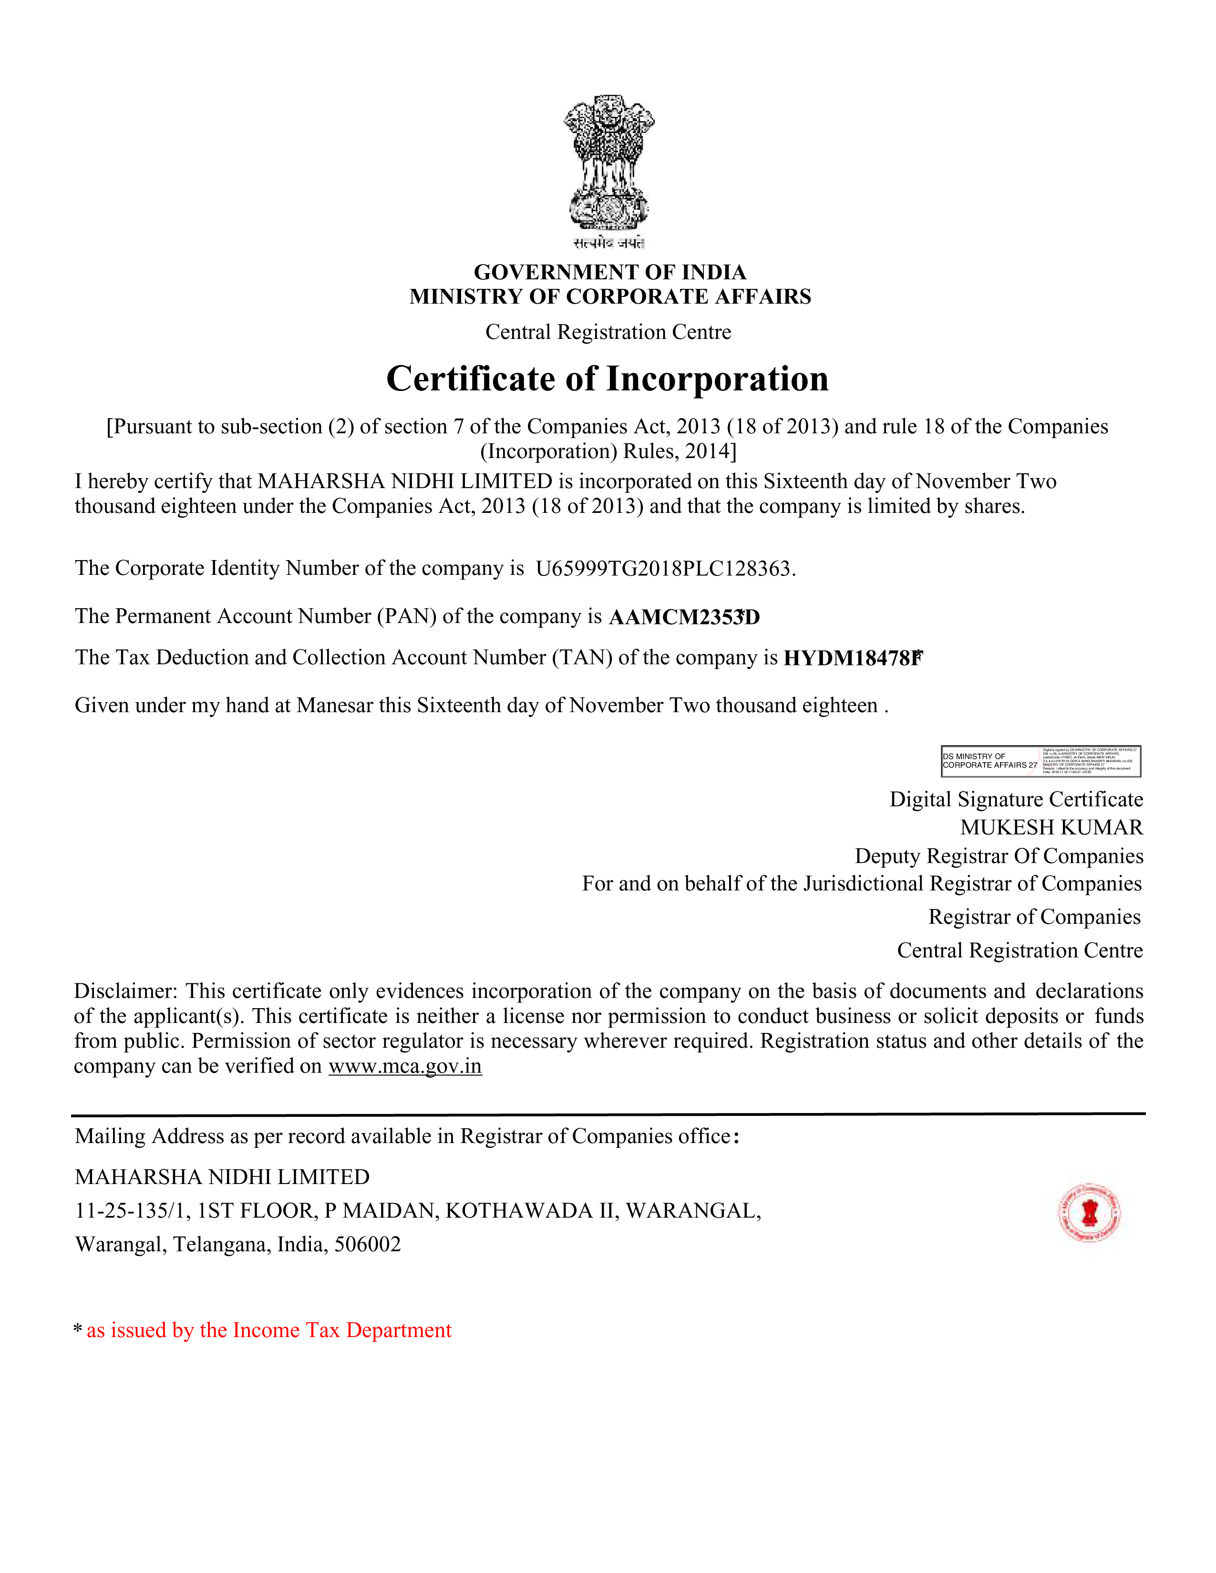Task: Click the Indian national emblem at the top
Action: [x=609, y=162]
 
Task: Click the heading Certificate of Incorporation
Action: [x=607, y=379]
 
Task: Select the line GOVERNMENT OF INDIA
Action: [x=609, y=272]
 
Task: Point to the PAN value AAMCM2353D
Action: [x=684, y=617]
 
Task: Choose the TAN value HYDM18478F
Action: [x=852, y=658]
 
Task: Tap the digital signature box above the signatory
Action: [x=1040, y=761]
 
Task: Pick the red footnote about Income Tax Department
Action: [x=268, y=1330]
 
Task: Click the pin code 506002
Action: [x=367, y=1245]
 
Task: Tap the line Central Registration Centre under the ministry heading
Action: [x=608, y=332]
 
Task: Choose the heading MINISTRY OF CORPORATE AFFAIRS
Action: [x=609, y=297]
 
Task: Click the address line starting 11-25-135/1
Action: [x=418, y=1211]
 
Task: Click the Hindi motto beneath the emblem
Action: [x=609, y=244]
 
